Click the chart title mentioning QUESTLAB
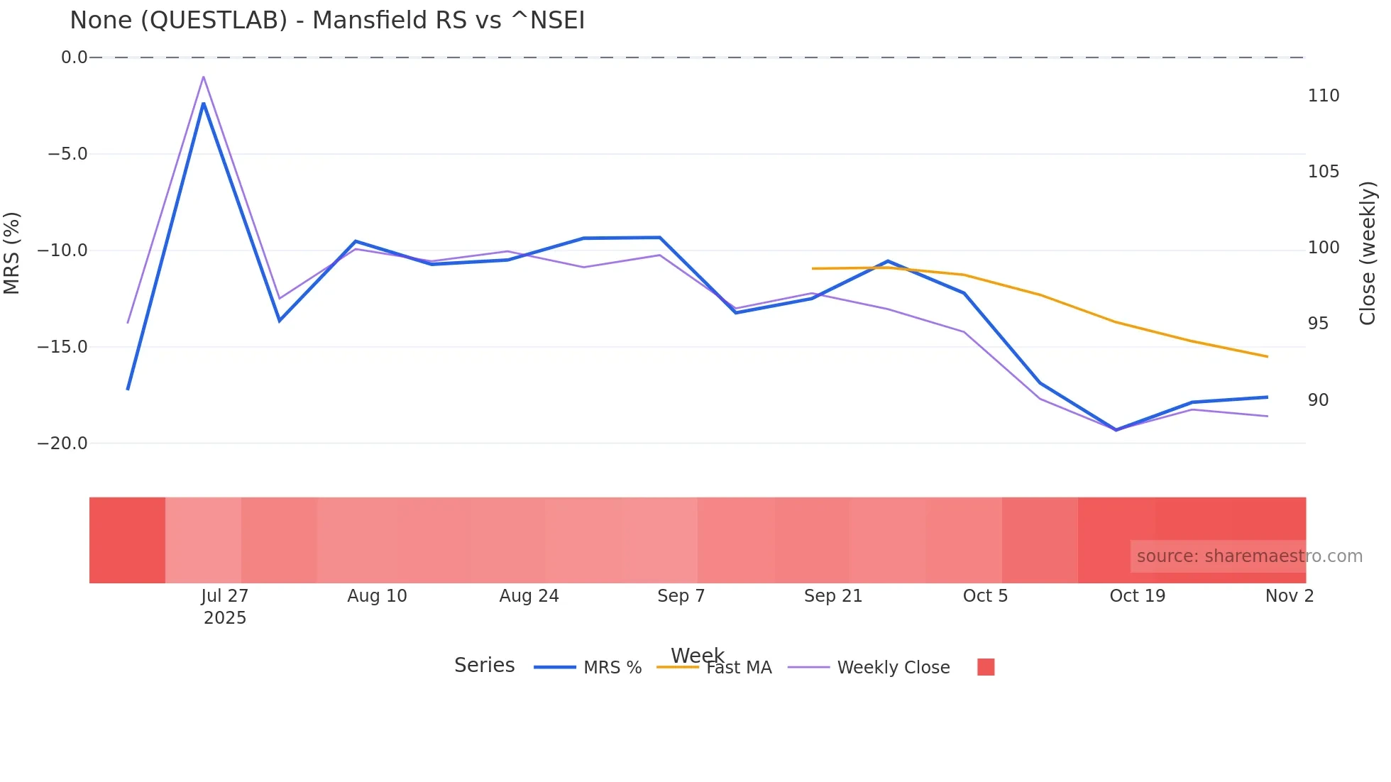[x=327, y=21]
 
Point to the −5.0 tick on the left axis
[x=67, y=154]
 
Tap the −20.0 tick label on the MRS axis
[x=62, y=444]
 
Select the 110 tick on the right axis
[x=1324, y=96]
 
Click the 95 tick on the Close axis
[x=1318, y=324]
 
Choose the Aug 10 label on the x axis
[x=377, y=596]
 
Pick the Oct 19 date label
[x=1137, y=596]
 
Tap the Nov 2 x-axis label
[x=1289, y=596]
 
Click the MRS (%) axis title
[x=12, y=253]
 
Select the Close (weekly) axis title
[x=1367, y=253]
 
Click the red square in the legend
[x=986, y=667]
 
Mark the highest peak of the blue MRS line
[x=204, y=104]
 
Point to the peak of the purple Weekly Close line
[x=204, y=77]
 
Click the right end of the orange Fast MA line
[x=1268, y=356]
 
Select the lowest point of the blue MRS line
[x=1116, y=430]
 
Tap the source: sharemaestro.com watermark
[x=1249, y=556]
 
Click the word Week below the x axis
[x=697, y=655]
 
